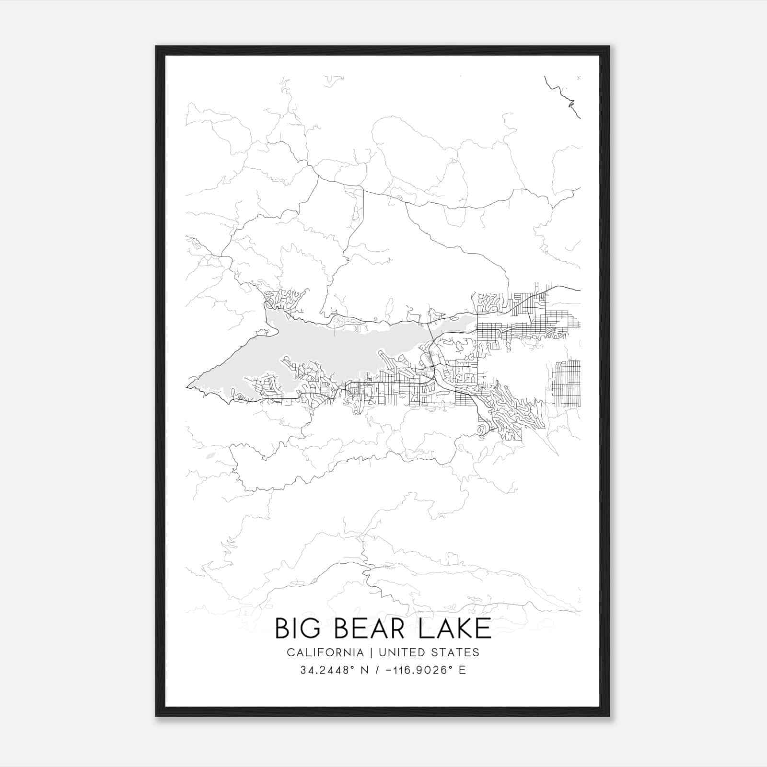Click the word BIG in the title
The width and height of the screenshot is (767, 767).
(x=298, y=628)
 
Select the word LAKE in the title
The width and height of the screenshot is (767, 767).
(x=455, y=628)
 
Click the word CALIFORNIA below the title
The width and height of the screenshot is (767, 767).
(x=325, y=652)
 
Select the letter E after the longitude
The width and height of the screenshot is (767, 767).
(x=462, y=670)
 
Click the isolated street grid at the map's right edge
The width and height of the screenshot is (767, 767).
(x=566, y=383)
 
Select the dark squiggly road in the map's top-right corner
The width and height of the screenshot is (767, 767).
(x=563, y=96)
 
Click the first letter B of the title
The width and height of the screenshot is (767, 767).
(x=283, y=628)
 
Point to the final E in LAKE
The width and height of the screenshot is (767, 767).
(x=485, y=628)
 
